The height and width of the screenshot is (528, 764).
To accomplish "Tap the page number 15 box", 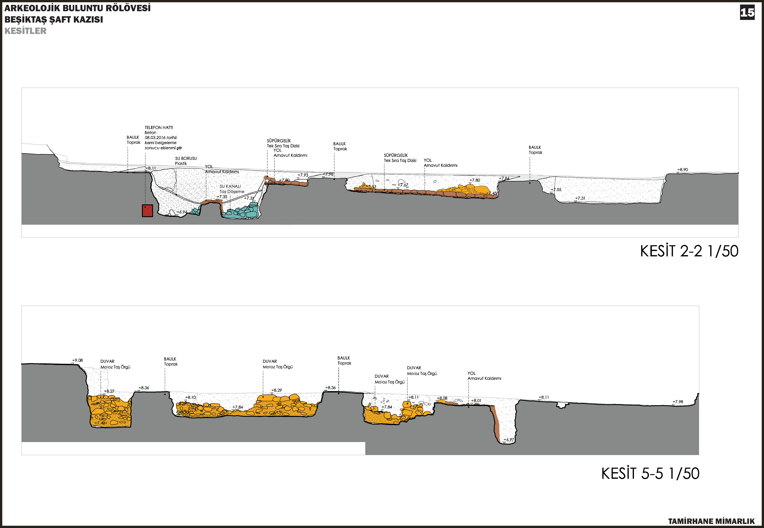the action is click(x=747, y=13).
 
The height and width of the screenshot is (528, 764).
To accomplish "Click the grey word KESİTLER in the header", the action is click(x=26, y=31).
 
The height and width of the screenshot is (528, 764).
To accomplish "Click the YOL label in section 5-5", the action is click(x=472, y=373).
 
